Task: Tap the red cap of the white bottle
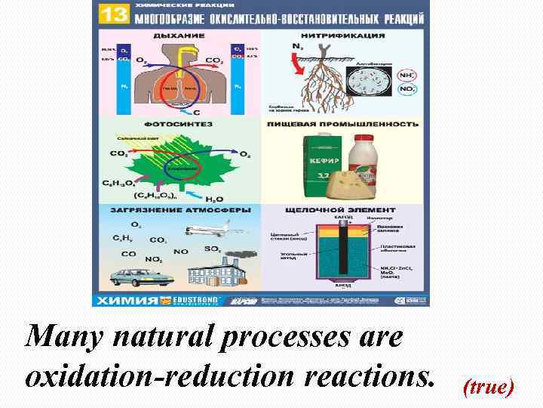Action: [365, 138]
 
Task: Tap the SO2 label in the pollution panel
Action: [213, 249]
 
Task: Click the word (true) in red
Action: [488, 388]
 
